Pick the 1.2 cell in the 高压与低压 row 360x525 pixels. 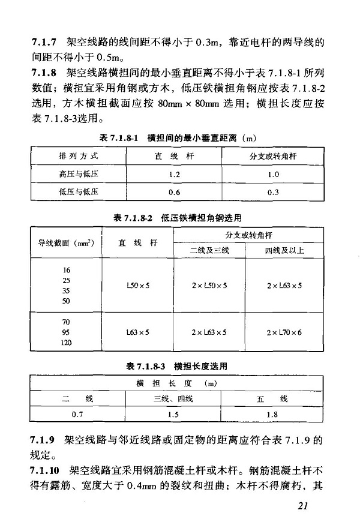[175, 174]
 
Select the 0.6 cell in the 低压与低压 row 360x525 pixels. [175, 192]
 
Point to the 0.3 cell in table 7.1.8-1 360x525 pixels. [274, 192]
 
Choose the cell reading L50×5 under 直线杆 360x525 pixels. [138, 286]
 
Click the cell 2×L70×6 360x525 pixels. [284, 331]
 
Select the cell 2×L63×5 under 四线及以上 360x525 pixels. [284, 286]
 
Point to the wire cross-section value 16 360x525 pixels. [66, 270]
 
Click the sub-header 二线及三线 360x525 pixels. [209, 250]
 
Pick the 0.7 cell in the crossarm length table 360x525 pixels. [77, 415]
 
